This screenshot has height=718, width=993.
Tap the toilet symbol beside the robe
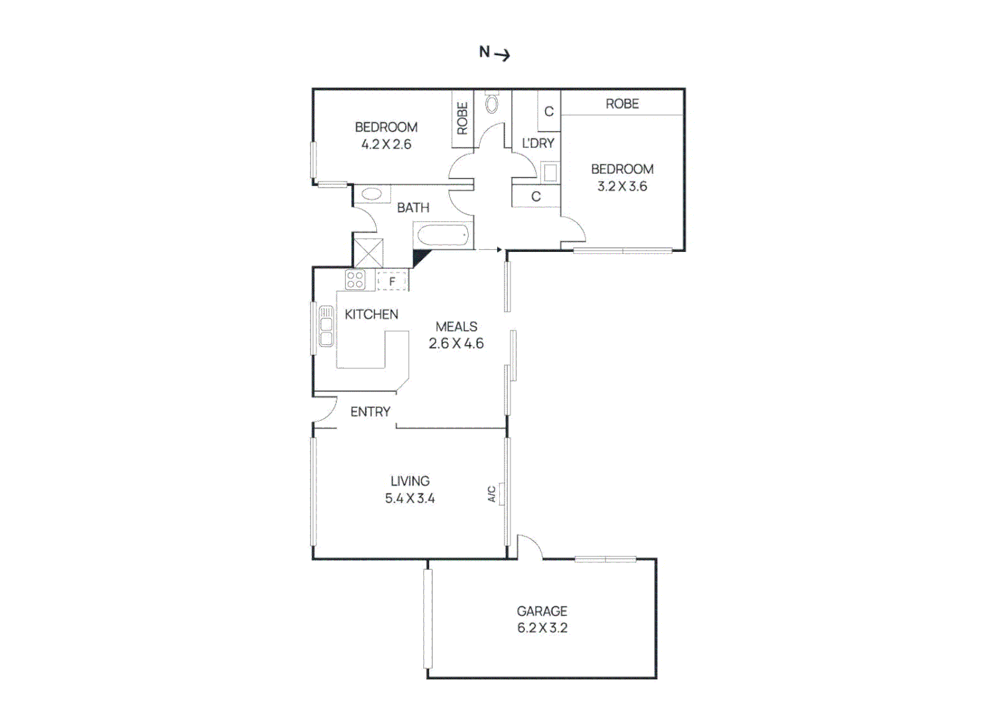[492, 103]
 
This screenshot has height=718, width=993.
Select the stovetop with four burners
[355, 280]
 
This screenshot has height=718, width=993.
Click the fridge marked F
[392, 281]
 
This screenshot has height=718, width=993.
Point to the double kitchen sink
[326, 326]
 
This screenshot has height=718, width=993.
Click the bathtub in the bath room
[442, 235]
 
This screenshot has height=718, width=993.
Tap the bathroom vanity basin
[372, 195]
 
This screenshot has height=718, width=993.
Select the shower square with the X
[368, 253]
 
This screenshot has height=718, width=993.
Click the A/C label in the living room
[492, 494]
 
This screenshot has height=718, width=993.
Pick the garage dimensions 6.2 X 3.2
[542, 628]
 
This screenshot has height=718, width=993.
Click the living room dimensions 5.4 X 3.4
[409, 499]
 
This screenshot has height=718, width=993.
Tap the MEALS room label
[456, 326]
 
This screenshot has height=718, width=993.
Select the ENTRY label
[370, 412]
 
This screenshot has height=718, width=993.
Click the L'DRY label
[538, 143]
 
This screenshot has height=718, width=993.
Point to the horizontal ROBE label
[622, 104]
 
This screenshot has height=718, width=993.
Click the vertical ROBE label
[463, 118]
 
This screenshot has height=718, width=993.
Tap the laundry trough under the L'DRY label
[549, 173]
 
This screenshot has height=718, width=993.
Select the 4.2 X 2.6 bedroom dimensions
[386, 144]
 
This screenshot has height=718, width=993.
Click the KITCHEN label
[372, 314]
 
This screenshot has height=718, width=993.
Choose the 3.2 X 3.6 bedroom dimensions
[622, 187]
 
